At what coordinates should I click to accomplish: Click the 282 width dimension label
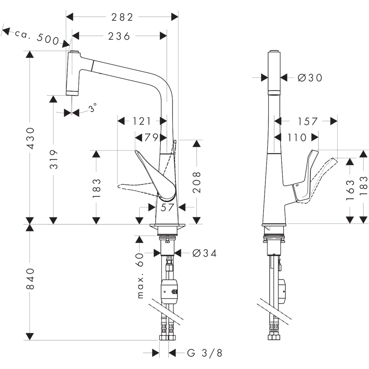[x=122, y=17]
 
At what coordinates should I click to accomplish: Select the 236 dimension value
[x=119, y=36]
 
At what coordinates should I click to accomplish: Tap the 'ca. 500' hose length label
[x=37, y=37]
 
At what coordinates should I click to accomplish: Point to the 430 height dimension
[x=31, y=138]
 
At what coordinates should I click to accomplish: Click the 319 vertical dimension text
[x=54, y=159]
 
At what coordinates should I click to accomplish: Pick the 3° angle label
[x=93, y=107]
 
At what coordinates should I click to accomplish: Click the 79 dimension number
[x=151, y=137]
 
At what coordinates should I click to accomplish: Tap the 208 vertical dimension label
[x=197, y=182]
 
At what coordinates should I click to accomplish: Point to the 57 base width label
[x=167, y=207]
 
